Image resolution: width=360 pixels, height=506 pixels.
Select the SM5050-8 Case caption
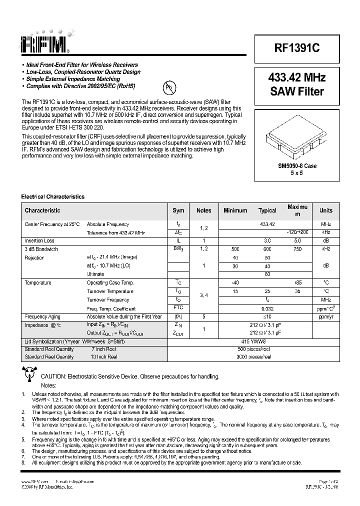pyautogui.click(x=297, y=166)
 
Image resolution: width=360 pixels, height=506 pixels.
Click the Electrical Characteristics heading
pyautogui.click(x=52, y=197)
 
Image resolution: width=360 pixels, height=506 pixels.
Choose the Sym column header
pyautogui.click(x=178, y=210)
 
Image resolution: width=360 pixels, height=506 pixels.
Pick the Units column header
pyautogui.click(x=326, y=210)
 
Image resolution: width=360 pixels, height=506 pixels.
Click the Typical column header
pyautogui.click(x=267, y=210)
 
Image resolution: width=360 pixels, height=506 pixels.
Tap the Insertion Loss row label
pyautogui.click(x=39, y=241)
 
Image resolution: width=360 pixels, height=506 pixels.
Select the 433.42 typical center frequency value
pyautogui.click(x=267, y=224)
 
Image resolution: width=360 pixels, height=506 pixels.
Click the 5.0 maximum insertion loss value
pyautogui.click(x=297, y=241)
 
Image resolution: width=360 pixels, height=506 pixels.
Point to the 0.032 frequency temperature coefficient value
pyautogui.click(x=267, y=308)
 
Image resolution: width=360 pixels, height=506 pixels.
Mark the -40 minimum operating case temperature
pyautogui.click(x=235, y=283)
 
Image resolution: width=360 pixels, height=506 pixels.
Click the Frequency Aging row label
pyautogui.click(x=44, y=317)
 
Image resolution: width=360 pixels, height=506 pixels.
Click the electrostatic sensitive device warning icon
pyautogui.click(x=29, y=373)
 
